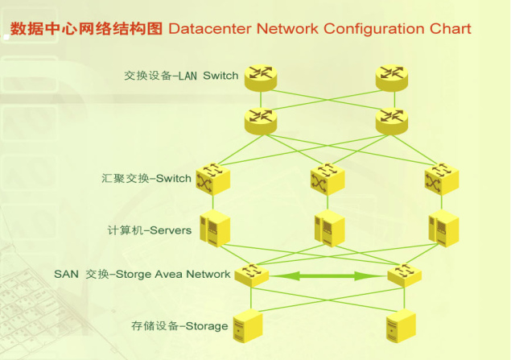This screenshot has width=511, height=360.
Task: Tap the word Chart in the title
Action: click(446, 29)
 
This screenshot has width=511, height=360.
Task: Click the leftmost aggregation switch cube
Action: click(214, 179)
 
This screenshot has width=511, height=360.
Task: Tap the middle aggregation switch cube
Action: click(328, 179)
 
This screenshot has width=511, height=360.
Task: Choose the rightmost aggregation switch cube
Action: click(441, 179)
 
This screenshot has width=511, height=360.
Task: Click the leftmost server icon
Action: click(214, 229)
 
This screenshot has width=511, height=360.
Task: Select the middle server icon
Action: click(329, 229)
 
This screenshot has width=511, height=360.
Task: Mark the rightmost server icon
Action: click(443, 229)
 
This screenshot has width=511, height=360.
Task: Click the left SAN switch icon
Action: click(252, 275)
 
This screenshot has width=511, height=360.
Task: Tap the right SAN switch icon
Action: click(404, 275)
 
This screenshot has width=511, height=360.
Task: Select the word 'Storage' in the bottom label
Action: click(206, 326)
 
